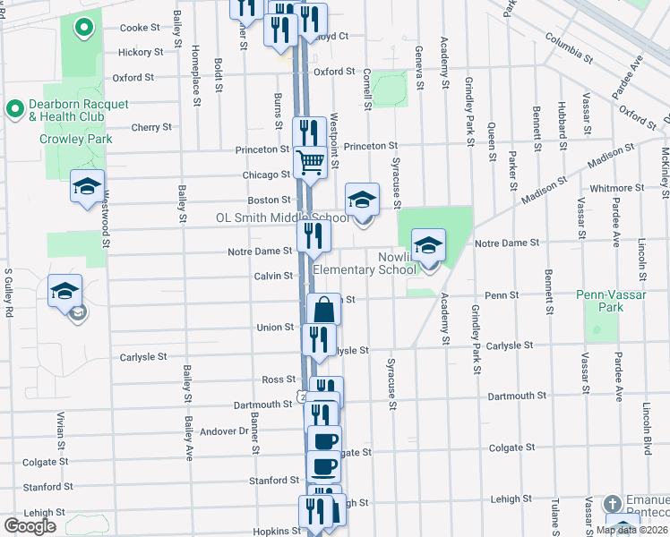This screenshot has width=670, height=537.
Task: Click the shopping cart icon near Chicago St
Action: pyautogui.click(x=310, y=163)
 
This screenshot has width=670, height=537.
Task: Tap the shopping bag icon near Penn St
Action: pyautogui.click(x=323, y=311)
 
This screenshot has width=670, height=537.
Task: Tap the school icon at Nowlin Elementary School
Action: pyautogui.click(x=428, y=244)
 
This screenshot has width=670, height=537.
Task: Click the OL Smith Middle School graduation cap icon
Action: pyautogui.click(x=362, y=199)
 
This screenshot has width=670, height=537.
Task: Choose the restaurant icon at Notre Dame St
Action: pyautogui.click(x=314, y=235)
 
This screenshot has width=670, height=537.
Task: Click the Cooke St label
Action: pyautogui.click(x=140, y=28)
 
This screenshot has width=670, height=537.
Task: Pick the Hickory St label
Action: pyautogui.click(x=141, y=52)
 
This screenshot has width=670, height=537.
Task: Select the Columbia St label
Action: pyautogui.click(x=568, y=48)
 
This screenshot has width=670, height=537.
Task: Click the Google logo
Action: pyautogui.click(x=30, y=526)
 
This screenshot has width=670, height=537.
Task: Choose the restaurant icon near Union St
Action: pyautogui.click(x=319, y=338)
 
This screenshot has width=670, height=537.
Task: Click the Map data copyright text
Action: pyautogui.click(x=631, y=530)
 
